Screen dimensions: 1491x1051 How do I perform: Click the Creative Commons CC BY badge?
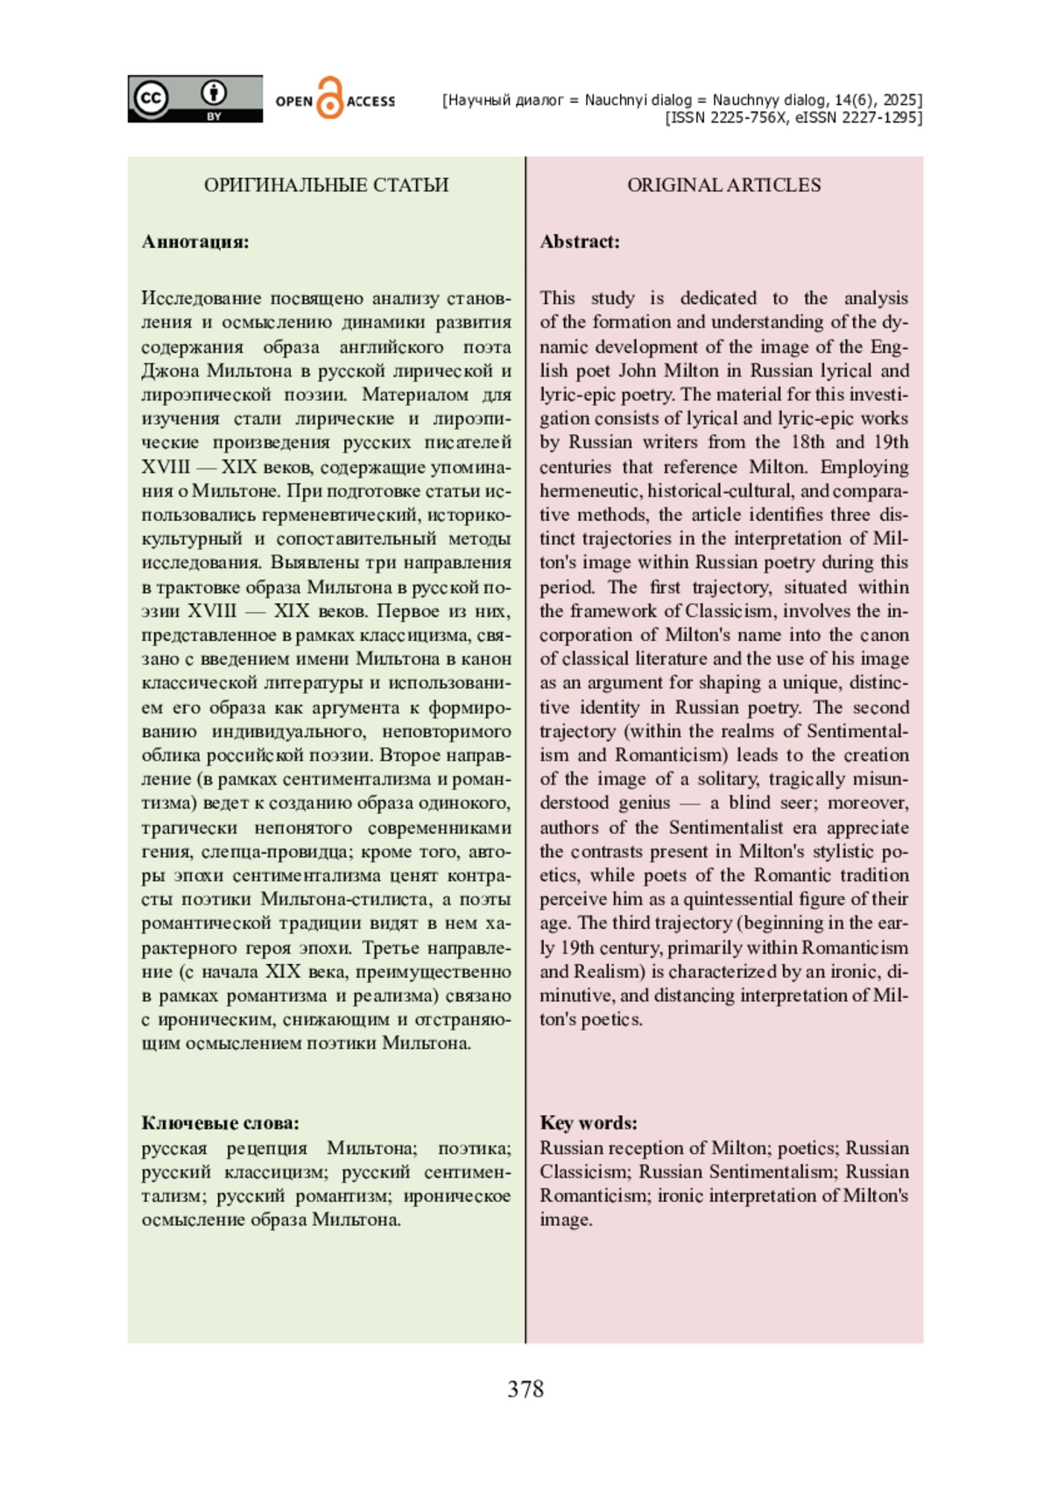click(x=194, y=99)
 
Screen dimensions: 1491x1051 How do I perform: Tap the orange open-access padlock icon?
click(x=329, y=99)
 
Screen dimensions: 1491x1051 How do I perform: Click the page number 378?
click(x=525, y=1389)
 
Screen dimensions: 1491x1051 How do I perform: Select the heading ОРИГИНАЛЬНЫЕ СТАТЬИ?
click(x=326, y=185)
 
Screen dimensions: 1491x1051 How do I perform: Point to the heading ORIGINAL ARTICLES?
click(x=723, y=185)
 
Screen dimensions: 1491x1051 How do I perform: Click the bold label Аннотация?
click(x=195, y=242)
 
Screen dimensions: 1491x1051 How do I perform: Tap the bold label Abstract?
click(x=580, y=242)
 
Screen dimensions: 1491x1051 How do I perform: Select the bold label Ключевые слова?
click(x=220, y=1123)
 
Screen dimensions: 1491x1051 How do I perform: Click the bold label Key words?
click(x=589, y=1123)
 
